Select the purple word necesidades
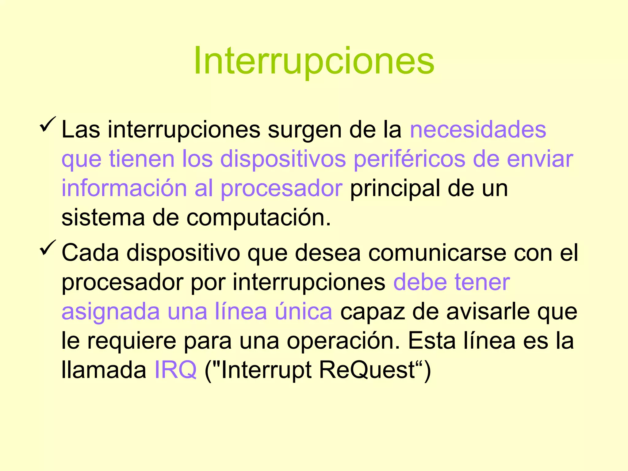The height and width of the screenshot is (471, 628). [x=478, y=130]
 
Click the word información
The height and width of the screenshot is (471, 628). [x=124, y=188]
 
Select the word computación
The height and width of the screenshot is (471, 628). [x=258, y=217]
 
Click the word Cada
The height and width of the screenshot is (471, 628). [x=90, y=253]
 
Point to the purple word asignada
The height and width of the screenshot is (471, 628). [x=111, y=311]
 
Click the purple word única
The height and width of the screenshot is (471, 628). [x=303, y=311]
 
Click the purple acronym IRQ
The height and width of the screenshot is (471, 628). [x=175, y=370]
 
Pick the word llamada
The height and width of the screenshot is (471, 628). [x=104, y=370]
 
